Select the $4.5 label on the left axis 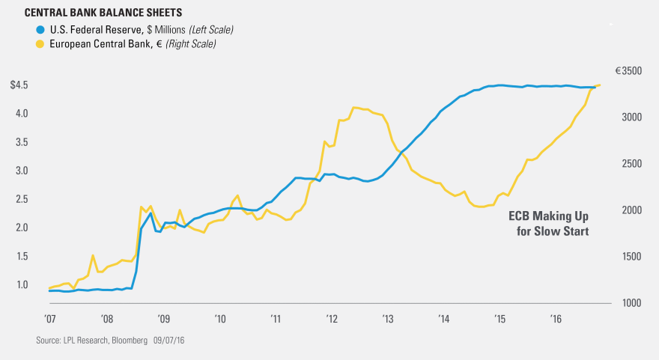pos(19,85)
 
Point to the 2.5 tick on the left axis pos(22,199)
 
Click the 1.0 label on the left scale pos(22,285)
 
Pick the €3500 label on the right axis pos(628,71)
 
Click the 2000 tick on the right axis pos(628,210)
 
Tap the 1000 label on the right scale pos(628,303)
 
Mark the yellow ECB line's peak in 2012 pos(354,107)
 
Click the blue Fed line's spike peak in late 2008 pos(151,213)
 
